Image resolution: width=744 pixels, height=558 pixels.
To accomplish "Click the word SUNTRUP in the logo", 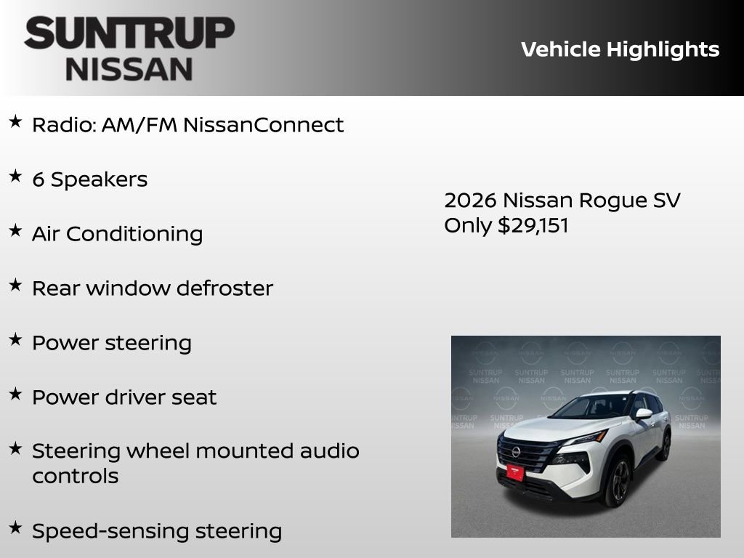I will click(129, 34).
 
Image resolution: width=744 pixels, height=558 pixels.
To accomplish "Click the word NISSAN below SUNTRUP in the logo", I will click(129, 68).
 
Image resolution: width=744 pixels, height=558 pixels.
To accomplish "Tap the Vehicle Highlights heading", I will click(620, 49).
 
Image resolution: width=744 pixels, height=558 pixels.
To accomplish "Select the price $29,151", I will click(533, 225).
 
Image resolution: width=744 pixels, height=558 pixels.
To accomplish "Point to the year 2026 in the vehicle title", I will click(470, 201).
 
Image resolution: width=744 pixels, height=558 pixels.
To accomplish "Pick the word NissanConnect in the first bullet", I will click(263, 125).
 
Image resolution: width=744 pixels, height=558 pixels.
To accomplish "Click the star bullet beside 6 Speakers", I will click(15, 177).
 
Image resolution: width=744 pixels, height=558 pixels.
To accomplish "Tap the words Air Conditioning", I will click(117, 234).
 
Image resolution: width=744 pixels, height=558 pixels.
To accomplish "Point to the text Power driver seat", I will click(124, 397).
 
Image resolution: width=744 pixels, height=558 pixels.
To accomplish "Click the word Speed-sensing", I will click(107, 531).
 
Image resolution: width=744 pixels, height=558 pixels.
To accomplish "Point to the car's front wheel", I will click(618, 480).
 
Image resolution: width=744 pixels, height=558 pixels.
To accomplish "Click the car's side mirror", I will click(644, 414).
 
